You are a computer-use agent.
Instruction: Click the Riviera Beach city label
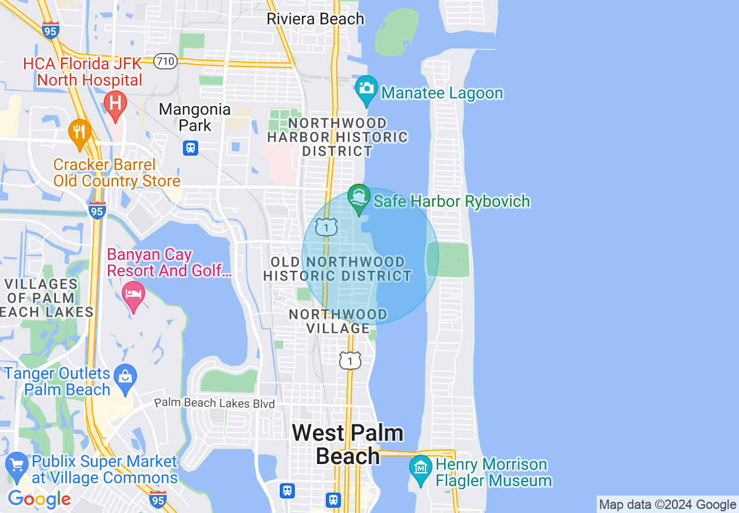click(315, 19)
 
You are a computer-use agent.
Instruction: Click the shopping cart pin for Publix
click(17, 465)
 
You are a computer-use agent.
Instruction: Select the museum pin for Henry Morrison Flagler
click(420, 468)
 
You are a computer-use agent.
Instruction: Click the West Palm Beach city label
click(348, 444)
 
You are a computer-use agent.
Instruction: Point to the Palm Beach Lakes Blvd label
click(214, 403)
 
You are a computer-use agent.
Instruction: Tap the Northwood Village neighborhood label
click(338, 321)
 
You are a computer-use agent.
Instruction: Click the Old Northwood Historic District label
click(337, 269)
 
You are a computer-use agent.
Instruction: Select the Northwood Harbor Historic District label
click(337, 137)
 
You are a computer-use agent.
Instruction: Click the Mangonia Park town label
click(195, 117)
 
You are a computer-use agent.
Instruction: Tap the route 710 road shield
click(166, 61)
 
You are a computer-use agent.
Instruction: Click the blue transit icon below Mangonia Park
click(191, 148)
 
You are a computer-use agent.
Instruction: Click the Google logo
click(39, 499)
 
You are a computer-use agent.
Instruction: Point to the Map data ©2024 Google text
click(667, 505)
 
